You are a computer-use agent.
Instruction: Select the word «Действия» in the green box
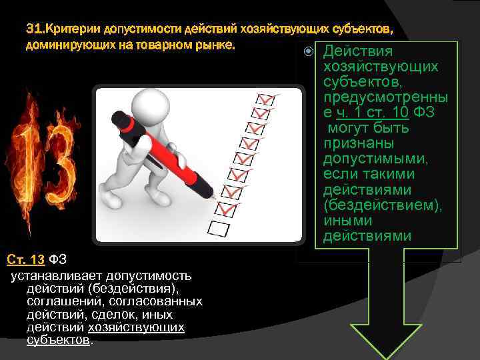coord(357,52)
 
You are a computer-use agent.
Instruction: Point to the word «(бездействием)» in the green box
coord(382,205)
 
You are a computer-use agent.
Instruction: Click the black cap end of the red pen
coord(120,119)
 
